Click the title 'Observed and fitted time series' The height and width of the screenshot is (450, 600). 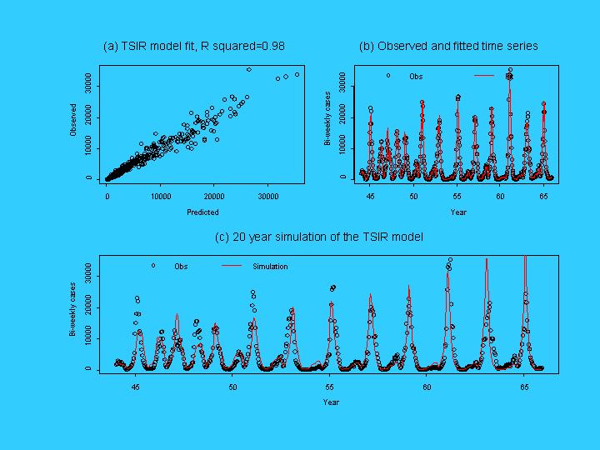448,47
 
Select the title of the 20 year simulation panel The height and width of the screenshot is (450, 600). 318,237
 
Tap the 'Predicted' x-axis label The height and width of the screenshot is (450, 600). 202,212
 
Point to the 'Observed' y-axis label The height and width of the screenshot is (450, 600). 73,120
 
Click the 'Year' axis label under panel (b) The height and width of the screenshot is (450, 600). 458,212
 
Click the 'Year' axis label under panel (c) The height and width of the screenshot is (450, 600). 332,402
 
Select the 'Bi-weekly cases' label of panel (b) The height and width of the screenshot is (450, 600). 327,120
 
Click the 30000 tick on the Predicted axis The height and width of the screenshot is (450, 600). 268,197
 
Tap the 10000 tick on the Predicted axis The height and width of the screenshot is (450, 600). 161,197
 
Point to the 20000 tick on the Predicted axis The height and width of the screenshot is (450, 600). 214,197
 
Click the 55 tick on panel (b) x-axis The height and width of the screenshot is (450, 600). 457,197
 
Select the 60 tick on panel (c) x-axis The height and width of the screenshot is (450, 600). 427,387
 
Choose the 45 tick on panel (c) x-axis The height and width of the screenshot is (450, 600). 136,387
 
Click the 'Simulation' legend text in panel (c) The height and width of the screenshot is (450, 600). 270,267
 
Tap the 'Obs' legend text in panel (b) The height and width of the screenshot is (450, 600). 416,77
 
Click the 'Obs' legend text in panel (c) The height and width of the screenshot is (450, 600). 181,267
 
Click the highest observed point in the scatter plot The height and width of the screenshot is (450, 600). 248,69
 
